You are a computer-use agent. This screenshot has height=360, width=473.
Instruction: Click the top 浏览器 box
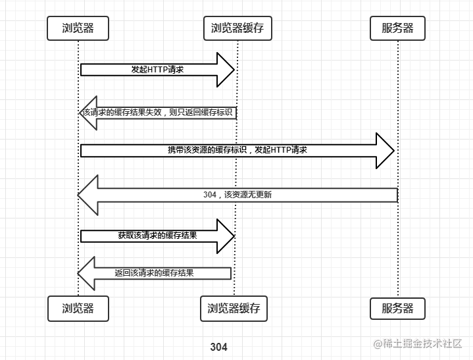click(x=78, y=28)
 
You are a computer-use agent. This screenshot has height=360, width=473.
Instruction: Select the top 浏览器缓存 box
click(x=237, y=28)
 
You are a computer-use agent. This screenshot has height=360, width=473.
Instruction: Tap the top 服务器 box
click(x=397, y=28)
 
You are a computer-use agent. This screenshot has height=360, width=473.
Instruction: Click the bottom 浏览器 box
click(x=78, y=309)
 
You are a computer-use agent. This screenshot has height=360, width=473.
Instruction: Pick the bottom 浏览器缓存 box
click(x=234, y=309)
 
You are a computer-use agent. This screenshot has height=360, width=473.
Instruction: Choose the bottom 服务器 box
click(x=397, y=309)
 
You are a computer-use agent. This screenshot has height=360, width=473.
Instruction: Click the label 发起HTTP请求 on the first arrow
click(x=157, y=70)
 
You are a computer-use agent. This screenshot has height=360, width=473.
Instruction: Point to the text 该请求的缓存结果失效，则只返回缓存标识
click(x=157, y=113)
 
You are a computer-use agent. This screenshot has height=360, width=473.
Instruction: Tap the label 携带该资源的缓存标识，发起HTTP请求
click(x=237, y=150)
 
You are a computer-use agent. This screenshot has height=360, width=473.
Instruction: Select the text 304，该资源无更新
click(x=237, y=195)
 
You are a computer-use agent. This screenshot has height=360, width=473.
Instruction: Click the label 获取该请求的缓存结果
click(x=157, y=236)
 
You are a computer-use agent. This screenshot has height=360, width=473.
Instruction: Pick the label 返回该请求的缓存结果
click(x=154, y=273)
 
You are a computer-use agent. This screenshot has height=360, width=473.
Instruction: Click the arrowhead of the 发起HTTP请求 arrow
click(x=226, y=70)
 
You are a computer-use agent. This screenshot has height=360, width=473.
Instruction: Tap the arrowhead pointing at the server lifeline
click(x=386, y=151)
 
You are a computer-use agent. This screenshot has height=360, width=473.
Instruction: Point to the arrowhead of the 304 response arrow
click(x=87, y=195)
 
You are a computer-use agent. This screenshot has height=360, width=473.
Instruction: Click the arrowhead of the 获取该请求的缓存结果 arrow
click(x=226, y=236)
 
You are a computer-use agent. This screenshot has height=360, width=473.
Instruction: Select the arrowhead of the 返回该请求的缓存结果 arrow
click(x=86, y=273)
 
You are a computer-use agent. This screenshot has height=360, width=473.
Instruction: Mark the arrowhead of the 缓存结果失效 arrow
click(x=88, y=113)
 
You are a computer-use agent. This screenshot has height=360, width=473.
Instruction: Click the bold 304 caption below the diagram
click(x=218, y=347)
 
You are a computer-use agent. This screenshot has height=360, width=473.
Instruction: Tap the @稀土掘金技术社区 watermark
click(x=418, y=344)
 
